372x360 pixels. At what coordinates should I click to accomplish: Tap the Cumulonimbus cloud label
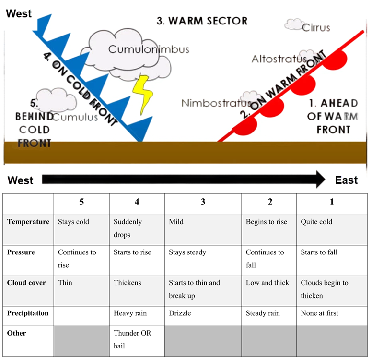pos(149,49)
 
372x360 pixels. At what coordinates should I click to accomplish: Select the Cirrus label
pos(316,27)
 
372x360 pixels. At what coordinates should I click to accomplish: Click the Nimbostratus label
pos(216,103)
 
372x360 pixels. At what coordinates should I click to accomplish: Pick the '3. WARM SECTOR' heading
pos(202,21)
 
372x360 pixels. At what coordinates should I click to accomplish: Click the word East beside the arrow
pos(346,180)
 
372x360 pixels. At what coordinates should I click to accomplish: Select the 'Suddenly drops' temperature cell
pos(128,228)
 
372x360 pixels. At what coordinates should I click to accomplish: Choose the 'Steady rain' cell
pos(263,313)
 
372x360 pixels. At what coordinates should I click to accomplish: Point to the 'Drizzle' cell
pos(180,313)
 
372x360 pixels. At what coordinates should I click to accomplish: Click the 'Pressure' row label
pos(21,252)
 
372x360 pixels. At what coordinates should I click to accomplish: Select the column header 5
pos(81,202)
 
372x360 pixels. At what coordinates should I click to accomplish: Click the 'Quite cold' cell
pos(316,222)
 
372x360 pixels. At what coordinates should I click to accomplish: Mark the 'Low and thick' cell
pos(267,283)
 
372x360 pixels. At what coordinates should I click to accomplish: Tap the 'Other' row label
pos(17,333)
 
